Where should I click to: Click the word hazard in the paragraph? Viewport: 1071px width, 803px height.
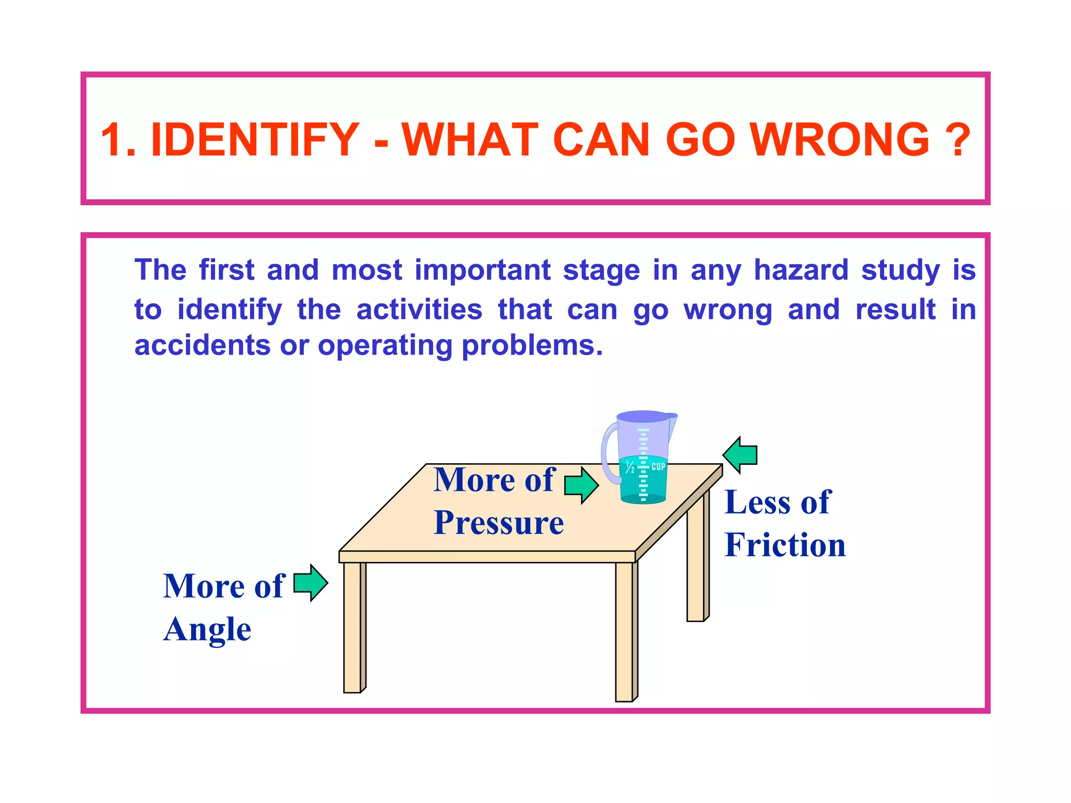coord(801,270)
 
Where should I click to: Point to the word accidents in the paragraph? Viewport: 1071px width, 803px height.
coord(202,346)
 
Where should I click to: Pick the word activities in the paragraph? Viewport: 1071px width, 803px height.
coord(419,309)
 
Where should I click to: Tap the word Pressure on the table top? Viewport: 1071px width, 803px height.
coord(499,522)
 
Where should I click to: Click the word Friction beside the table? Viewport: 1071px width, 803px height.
coord(784,545)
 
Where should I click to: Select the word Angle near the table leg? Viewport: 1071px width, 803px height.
coord(207,629)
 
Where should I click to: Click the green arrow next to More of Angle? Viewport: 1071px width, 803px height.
coord(311,582)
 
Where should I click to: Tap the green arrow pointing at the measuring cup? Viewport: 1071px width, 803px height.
coord(582,485)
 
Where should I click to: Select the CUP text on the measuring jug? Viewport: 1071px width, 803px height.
coord(658,466)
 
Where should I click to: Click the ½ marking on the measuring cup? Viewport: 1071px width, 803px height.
coord(630,466)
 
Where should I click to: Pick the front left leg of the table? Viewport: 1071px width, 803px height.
coord(353,627)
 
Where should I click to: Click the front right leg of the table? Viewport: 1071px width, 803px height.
coord(625,633)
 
